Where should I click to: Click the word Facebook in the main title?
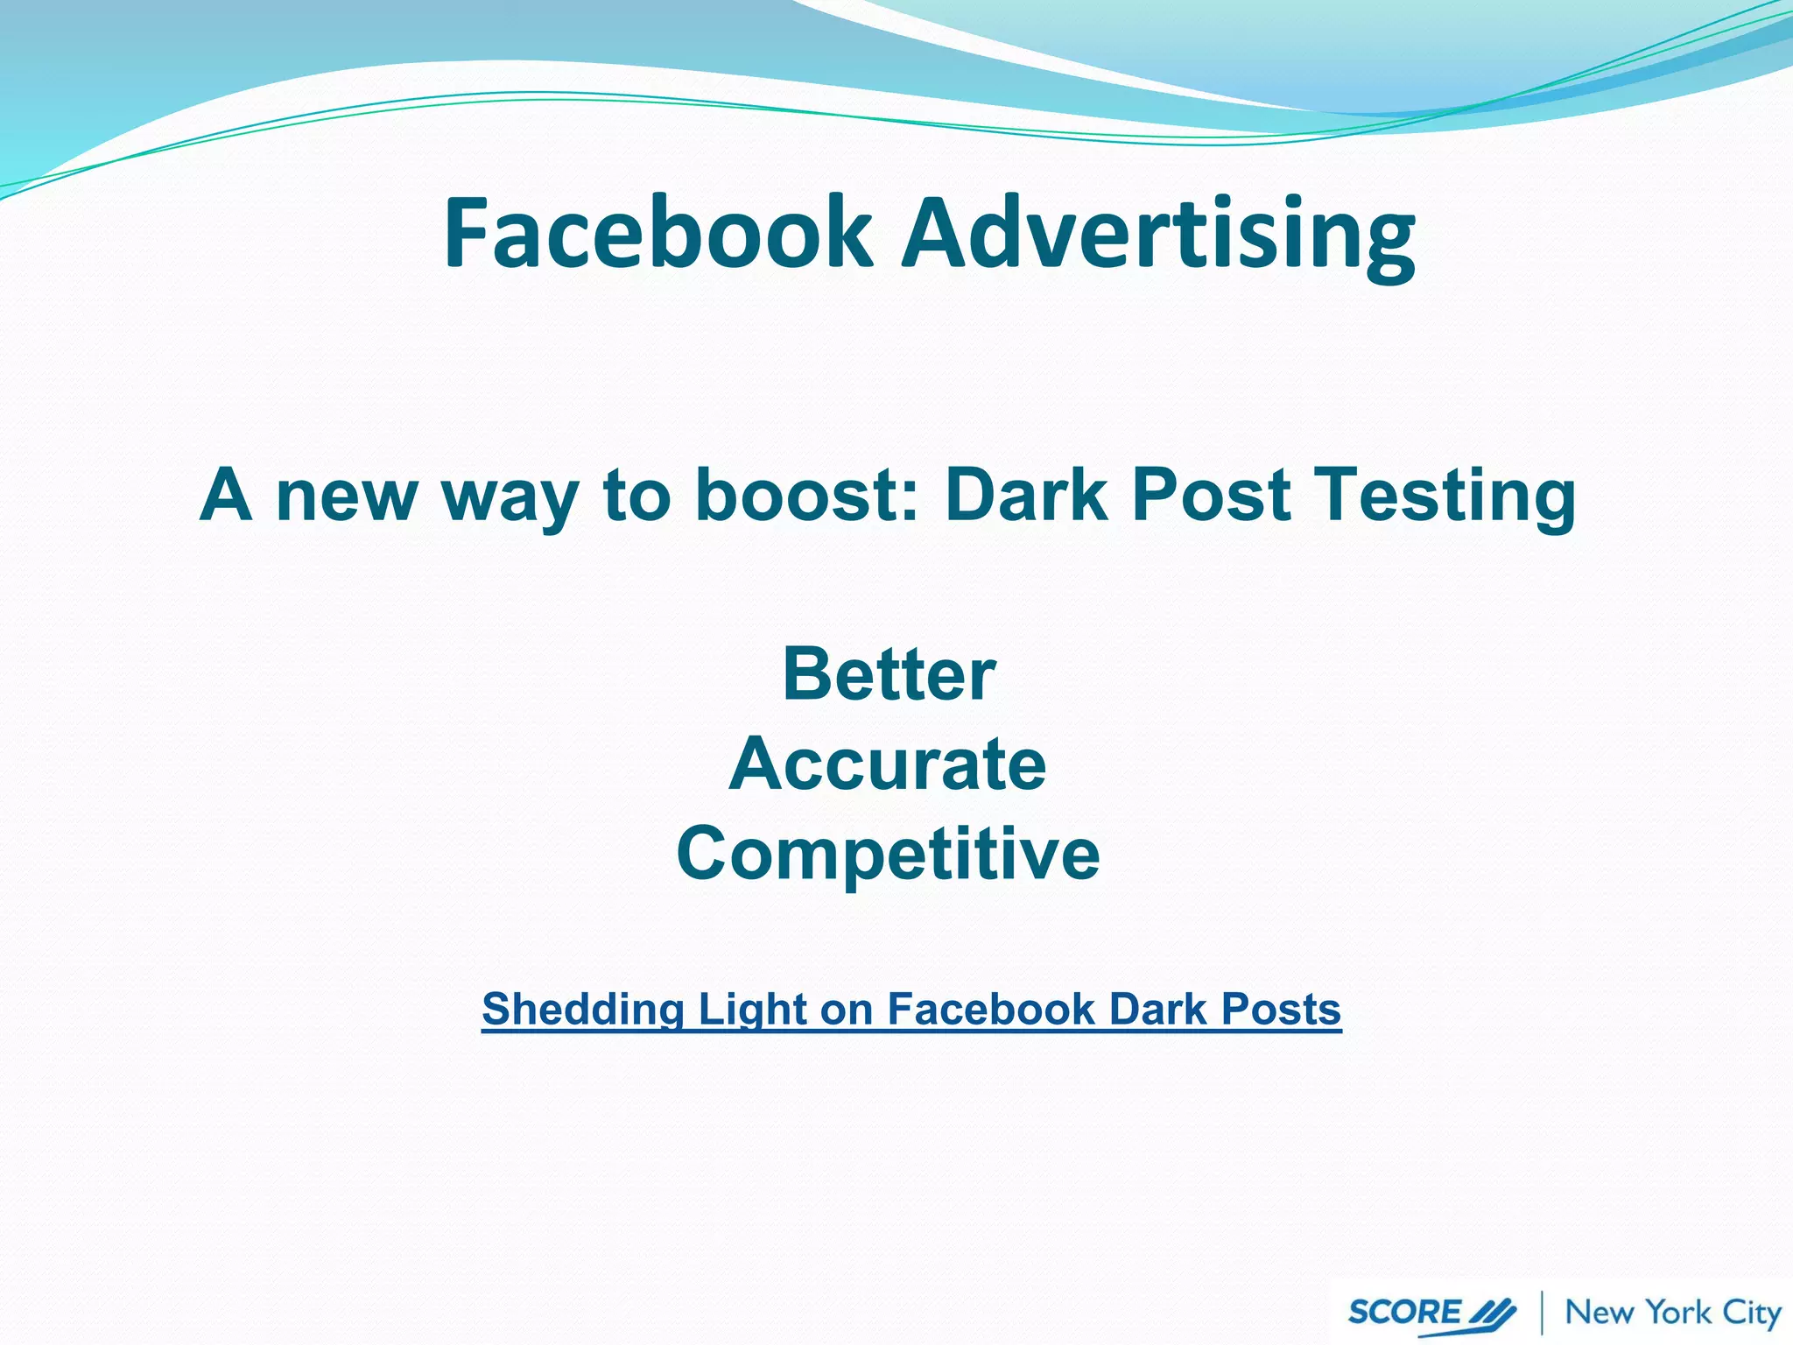click(x=657, y=233)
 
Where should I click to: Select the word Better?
click(x=889, y=674)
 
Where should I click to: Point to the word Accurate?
click(x=888, y=764)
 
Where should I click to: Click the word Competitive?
click(x=888, y=853)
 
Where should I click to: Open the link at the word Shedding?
click(x=582, y=1010)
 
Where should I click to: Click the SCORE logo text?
click(x=1403, y=1313)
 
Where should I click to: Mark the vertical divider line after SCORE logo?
click(x=1542, y=1313)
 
